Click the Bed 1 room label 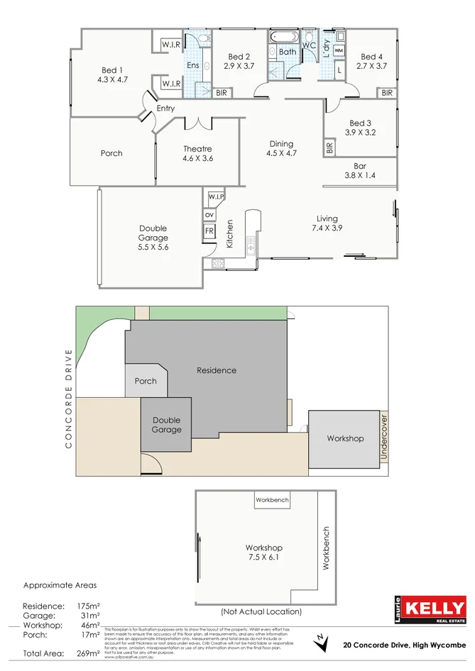tap(112, 75)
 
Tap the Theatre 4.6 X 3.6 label tap(197, 154)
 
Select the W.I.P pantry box tap(216, 196)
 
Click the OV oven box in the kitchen tap(209, 214)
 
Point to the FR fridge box tap(209, 231)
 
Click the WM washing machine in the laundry tap(339, 51)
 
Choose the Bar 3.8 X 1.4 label tap(359, 171)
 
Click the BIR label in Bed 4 tap(387, 93)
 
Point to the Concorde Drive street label tap(69, 398)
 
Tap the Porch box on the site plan tap(146, 381)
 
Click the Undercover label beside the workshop tap(383, 438)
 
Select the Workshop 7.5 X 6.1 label tap(263, 553)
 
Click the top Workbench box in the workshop tap(272, 500)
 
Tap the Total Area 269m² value tap(88, 653)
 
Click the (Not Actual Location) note tap(261, 611)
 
